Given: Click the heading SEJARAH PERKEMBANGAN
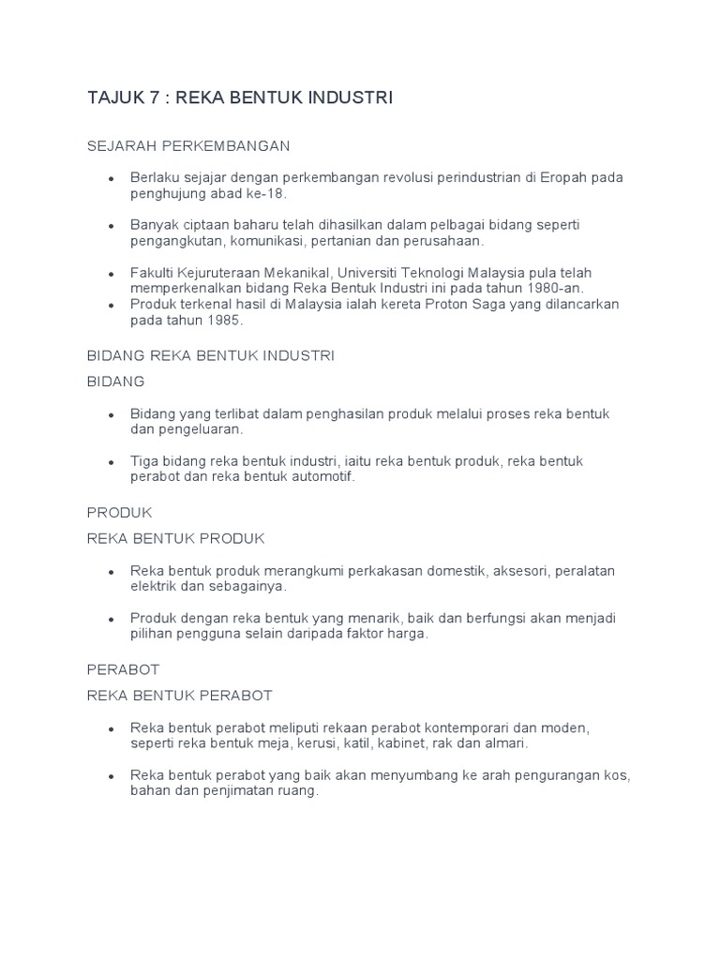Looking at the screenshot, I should coord(188,146).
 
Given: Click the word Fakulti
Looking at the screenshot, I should coord(152,273).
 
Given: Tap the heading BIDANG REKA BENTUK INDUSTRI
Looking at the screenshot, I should coord(211,356).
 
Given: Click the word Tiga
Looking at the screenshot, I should coord(146,461).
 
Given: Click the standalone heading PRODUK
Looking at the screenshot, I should coord(119,513).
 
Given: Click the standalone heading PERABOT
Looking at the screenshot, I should coord(123,670).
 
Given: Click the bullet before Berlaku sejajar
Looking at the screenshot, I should coord(112,178).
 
